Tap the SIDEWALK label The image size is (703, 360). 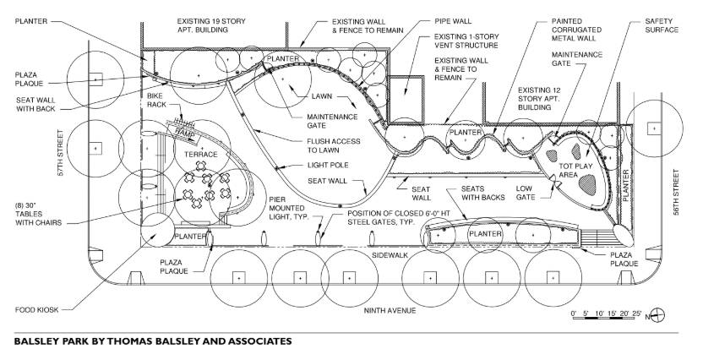pyautogui.click(x=391, y=253)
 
